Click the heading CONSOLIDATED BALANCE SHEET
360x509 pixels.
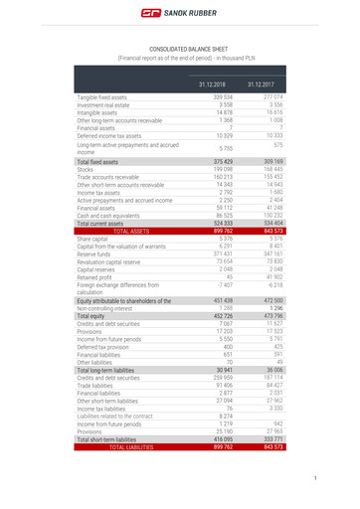pos(180,48)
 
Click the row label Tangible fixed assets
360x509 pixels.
pos(102,97)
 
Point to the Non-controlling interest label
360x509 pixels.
pos(109,309)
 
